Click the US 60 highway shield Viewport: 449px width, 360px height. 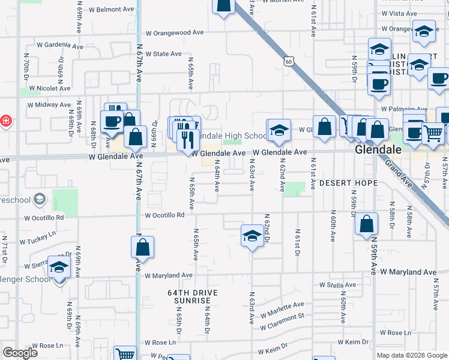click(289, 61)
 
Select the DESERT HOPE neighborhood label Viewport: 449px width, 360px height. click(348, 182)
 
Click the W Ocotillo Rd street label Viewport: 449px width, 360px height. click(164, 215)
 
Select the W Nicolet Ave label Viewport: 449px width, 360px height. click(49, 88)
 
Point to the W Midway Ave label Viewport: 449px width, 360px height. click(49, 104)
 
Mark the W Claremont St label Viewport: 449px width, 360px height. click(283, 316)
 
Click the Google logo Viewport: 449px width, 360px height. click(20, 353)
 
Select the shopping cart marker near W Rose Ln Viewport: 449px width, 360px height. click(125, 354)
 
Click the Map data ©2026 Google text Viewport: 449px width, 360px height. click(411, 355)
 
